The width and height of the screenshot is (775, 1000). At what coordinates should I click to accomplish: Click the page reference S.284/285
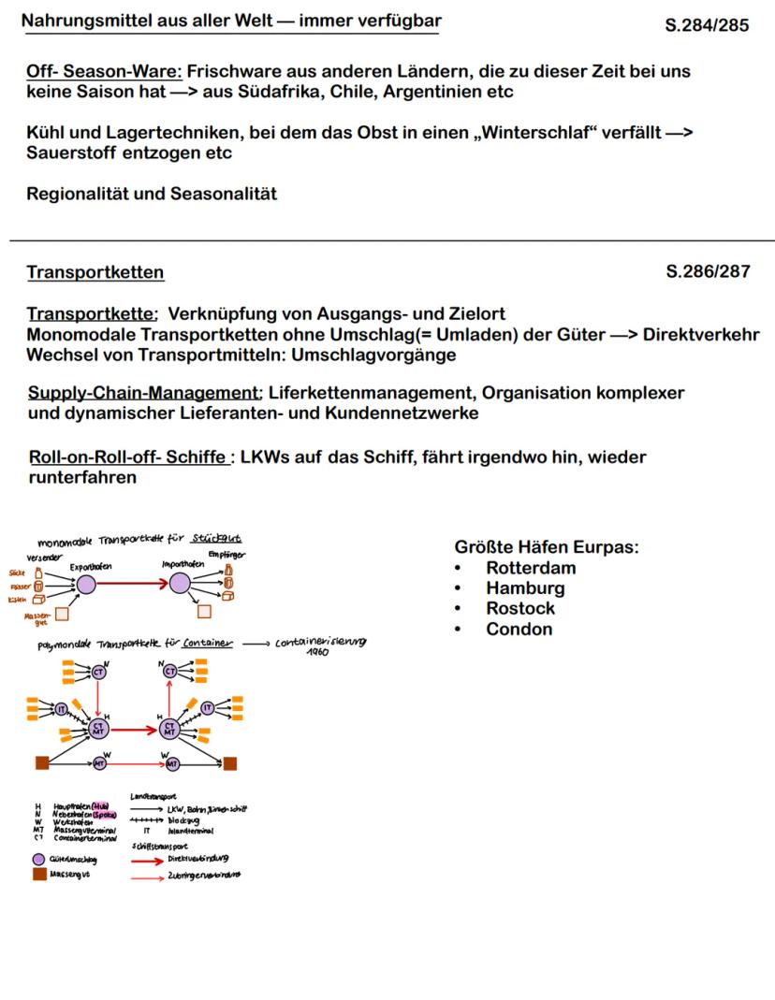point(707,25)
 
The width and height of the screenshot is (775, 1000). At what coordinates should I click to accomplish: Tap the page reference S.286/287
point(708,272)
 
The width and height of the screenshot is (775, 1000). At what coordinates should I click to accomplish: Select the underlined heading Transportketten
point(95,272)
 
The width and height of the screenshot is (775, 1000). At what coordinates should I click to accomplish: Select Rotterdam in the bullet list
point(531,568)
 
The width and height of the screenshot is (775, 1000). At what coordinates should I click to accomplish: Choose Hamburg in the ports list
point(525,588)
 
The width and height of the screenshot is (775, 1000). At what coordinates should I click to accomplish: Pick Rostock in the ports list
point(520,608)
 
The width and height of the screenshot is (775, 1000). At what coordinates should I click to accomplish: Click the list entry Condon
point(519,629)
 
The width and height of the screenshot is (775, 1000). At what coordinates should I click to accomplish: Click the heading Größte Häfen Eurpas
point(547,547)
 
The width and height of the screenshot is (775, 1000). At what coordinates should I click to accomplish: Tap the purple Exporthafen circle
point(86,585)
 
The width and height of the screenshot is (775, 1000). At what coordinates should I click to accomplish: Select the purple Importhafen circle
point(180,585)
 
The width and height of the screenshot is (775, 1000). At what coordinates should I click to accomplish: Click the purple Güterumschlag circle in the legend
point(38,859)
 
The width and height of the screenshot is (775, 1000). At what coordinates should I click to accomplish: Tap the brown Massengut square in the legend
point(38,875)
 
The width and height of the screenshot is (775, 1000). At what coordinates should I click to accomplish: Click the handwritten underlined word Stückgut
point(215,540)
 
